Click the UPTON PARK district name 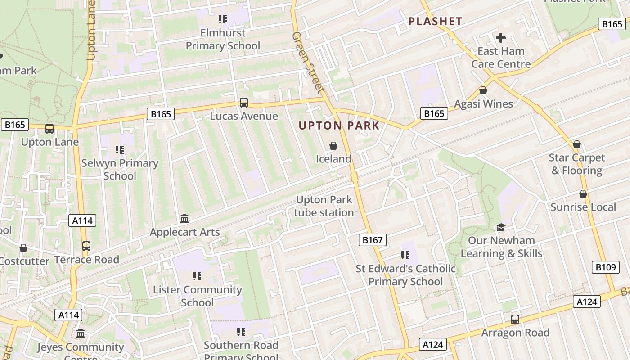point(339,126)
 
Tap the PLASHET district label point(435,21)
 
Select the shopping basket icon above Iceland point(333,146)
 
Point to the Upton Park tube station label point(324,206)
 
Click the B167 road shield point(373,240)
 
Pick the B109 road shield point(605,267)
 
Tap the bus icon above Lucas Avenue point(243,103)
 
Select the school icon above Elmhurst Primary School point(223,19)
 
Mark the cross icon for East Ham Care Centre point(501,38)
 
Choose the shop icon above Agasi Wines point(483,90)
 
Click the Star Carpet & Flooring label point(577,164)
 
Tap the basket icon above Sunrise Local point(583,194)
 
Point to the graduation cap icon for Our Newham point(501,227)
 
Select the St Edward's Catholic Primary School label point(405,275)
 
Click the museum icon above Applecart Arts point(184,219)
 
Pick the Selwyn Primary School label point(120,169)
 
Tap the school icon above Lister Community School point(197,276)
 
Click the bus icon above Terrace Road point(86,246)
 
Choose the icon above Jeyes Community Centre point(81,333)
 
